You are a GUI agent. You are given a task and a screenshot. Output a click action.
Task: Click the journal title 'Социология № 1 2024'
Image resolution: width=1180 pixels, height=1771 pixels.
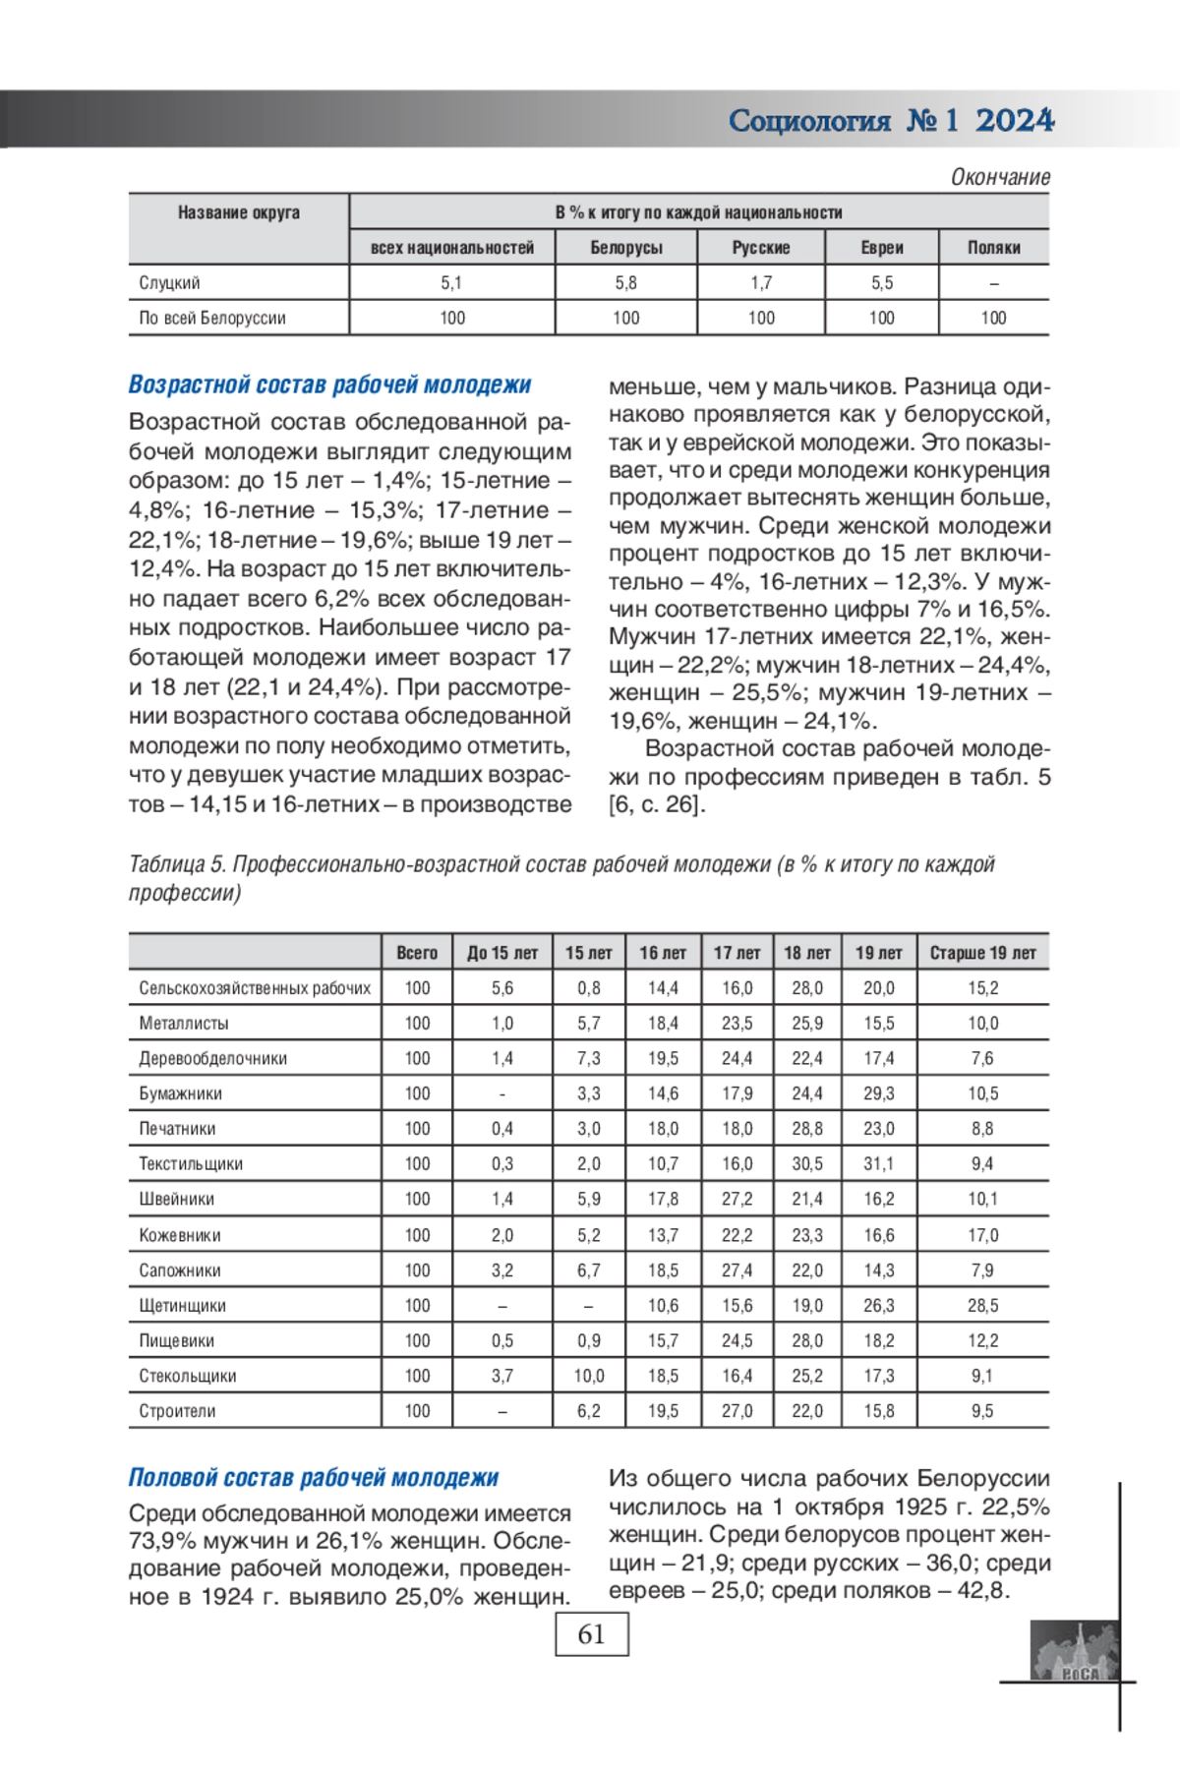pyautogui.click(x=891, y=121)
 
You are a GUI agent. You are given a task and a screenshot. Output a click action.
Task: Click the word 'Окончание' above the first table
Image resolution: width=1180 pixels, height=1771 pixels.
pyautogui.click(x=999, y=178)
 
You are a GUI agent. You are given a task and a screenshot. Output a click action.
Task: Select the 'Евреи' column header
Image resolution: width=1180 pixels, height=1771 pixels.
pyautogui.click(x=881, y=248)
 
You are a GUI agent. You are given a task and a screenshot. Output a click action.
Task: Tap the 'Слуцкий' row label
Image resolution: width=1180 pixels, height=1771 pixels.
pyautogui.click(x=169, y=283)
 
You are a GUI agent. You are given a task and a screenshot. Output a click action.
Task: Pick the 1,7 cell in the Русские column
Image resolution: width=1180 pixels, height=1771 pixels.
pyautogui.click(x=761, y=283)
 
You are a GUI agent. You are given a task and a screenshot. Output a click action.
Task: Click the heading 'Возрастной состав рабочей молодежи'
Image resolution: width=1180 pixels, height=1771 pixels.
pyautogui.click(x=329, y=385)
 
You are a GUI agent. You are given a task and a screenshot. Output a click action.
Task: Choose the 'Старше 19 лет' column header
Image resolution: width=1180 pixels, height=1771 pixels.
pyautogui.click(x=982, y=953)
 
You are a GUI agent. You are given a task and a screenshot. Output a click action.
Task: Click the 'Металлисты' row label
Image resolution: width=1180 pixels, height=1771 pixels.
pyautogui.click(x=184, y=1024)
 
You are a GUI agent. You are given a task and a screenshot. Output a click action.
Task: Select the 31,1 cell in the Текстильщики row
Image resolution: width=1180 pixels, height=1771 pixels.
pyautogui.click(x=878, y=1164)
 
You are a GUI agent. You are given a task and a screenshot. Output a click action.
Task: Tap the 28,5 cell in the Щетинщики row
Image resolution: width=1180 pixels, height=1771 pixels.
pyautogui.click(x=982, y=1306)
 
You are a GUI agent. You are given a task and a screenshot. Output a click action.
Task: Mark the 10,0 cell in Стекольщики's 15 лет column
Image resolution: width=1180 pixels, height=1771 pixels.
pyautogui.click(x=588, y=1377)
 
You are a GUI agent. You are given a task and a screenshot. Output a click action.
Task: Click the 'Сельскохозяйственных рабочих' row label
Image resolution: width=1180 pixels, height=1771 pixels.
pyautogui.click(x=255, y=988)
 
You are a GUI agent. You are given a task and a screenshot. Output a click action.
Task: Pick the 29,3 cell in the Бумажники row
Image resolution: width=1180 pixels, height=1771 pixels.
pyautogui.click(x=878, y=1093)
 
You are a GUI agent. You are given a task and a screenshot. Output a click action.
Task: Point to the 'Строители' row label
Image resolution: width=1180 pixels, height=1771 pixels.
pyautogui.click(x=177, y=1412)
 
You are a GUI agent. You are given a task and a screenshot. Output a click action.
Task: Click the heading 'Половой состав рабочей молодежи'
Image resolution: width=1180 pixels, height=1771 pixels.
pyautogui.click(x=314, y=1478)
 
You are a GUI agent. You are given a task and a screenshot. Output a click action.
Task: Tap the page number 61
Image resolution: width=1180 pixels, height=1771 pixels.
pyautogui.click(x=591, y=1634)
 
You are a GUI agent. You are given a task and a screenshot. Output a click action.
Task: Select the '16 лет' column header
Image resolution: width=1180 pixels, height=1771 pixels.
pyautogui.click(x=663, y=953)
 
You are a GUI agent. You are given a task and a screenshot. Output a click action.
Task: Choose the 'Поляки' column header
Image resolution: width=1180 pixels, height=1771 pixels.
pyautogui.click(x=993, y=248)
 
